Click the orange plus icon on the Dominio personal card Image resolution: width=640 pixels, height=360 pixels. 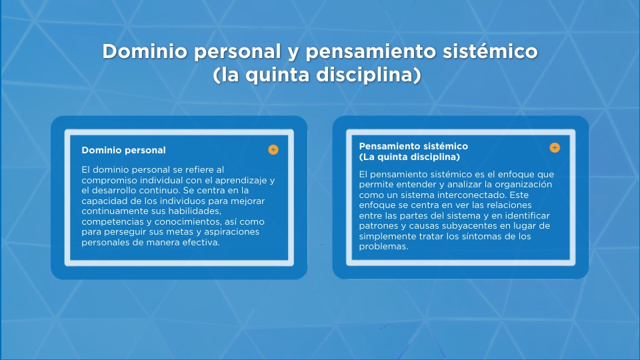(x=273, y=150)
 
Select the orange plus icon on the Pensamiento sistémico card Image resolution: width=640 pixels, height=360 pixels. (x=555, y=147)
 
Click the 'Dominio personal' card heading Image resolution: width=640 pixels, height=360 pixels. (x=123, y=150)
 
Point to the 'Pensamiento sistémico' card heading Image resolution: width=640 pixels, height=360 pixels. (x=413, y=146)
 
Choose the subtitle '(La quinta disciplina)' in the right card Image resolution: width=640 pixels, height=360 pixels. (x=409, y=157)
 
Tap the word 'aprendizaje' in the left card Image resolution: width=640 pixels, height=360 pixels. (x=243, y=181)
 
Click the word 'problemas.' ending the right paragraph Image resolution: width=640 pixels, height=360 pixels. (x=383, y=247)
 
